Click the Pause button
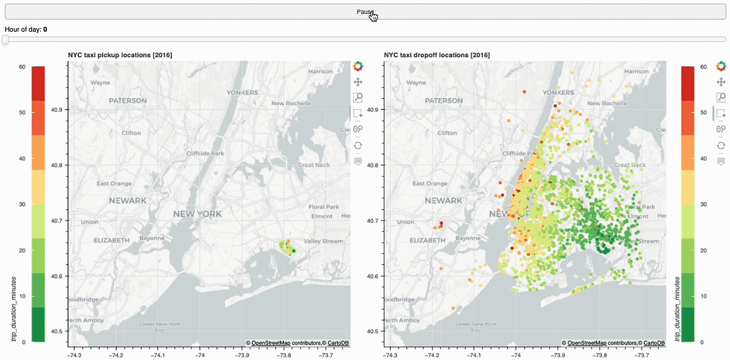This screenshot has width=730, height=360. click(365, 12)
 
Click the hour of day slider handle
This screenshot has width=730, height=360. click(5, 40)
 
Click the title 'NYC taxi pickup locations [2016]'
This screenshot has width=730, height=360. click(120, 55)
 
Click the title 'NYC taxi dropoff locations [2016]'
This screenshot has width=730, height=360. click(437, 55)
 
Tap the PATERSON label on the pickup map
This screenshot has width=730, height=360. click(128, 100)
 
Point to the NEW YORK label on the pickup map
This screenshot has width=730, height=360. click(198, 214)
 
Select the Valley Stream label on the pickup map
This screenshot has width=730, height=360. click(324, 241)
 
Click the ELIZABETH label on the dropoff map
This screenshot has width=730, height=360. click(428, 240)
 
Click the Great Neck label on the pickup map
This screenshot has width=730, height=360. click(313, 165)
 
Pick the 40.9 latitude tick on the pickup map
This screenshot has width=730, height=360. click(59, 110)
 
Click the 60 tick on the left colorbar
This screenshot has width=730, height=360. click(21, 66)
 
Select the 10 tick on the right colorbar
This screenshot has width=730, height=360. click(703, 296)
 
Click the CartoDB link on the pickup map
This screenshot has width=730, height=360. click(338, 343)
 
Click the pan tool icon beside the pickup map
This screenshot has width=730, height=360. click(358, 81)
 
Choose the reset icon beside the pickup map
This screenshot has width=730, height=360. click(358, 145)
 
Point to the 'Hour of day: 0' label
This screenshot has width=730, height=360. click(26, 29)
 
